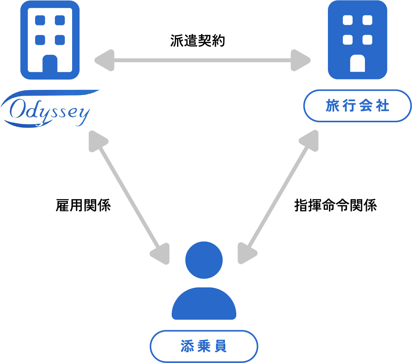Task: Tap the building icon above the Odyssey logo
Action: click(50, 40)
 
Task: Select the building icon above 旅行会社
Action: click(357, 40)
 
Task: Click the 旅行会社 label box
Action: click(357, 106)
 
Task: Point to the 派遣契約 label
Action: click(197, 41)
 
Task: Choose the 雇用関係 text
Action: click(83, 206)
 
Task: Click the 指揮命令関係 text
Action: click(335, 206)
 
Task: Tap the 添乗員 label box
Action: click(204, 346)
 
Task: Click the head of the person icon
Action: click(204, 260)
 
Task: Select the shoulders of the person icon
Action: click(204, 305)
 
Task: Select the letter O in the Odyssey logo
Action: click(18, 110)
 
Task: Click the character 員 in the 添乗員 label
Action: click(221, 346)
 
